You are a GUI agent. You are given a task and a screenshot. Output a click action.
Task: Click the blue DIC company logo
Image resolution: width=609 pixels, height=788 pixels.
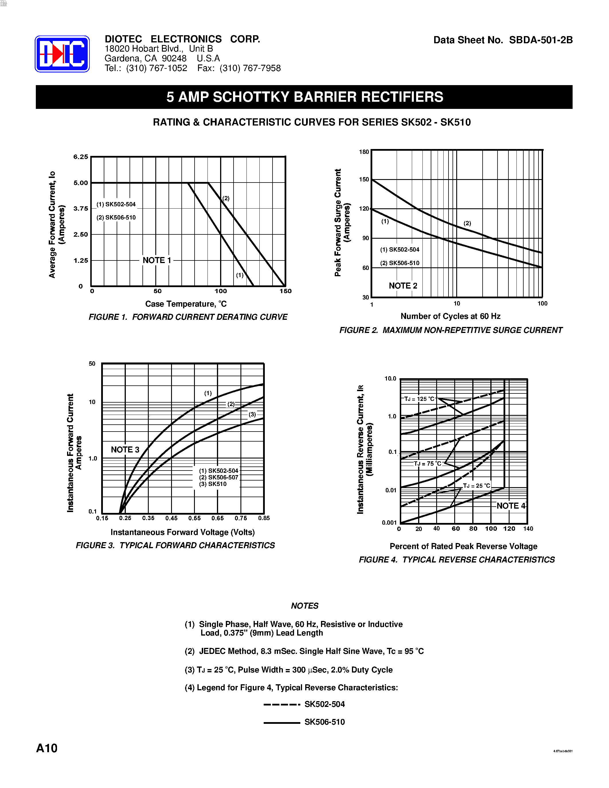[62, 54]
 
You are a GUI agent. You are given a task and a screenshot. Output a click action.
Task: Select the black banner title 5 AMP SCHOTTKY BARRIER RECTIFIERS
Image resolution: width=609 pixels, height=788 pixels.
[304, 97]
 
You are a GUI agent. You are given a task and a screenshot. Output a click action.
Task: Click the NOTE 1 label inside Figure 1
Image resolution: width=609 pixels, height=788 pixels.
[157, 260]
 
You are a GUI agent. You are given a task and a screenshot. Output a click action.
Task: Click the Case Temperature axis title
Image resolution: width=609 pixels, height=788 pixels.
[186, 304]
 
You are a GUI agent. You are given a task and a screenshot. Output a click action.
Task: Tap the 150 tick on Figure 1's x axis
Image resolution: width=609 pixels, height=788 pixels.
[285, 291]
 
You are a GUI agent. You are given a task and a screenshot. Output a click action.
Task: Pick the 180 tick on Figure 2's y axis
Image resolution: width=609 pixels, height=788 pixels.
[364, 152]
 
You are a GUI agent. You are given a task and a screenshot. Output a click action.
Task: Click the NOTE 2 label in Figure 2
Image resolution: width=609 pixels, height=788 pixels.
[403, 286]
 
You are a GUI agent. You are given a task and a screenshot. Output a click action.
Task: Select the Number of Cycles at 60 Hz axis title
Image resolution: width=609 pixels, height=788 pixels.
[450, 316]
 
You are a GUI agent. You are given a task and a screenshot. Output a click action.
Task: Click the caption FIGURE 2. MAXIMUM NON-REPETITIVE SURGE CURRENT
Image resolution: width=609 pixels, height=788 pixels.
[451, 330]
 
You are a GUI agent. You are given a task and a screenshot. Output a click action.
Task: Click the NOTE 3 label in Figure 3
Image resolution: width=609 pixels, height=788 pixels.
[125, 450]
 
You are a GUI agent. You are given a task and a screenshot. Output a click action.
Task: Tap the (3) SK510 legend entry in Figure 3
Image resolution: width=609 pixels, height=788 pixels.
[213, 484]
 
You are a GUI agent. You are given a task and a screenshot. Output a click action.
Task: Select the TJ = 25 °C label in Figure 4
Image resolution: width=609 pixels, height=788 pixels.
[476, 486]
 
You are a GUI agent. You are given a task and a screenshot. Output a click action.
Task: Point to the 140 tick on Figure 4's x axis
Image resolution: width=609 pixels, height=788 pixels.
[528, 529]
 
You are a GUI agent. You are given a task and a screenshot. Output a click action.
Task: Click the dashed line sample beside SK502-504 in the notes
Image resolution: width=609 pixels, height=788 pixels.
[282, 704]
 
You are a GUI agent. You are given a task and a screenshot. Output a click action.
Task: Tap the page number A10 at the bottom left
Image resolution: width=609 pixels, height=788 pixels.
[46, 748]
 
